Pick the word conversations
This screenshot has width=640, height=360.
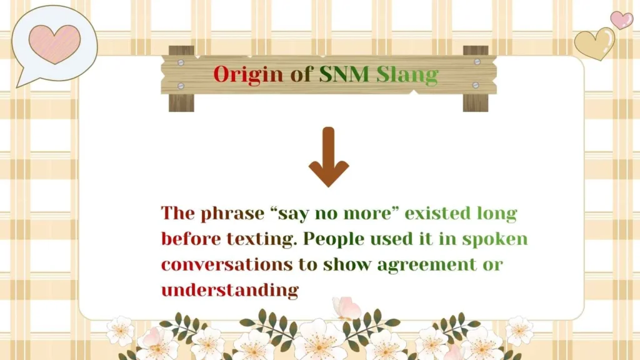[226, 264]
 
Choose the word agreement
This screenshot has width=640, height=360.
[426, 264]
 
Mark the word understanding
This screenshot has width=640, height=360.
[229, 290]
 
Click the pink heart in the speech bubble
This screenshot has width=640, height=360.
[55, 44]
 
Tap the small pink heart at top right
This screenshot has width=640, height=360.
[621, 20]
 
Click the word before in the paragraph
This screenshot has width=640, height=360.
[189, 239]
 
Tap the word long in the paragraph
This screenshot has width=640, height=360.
[500, 214]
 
